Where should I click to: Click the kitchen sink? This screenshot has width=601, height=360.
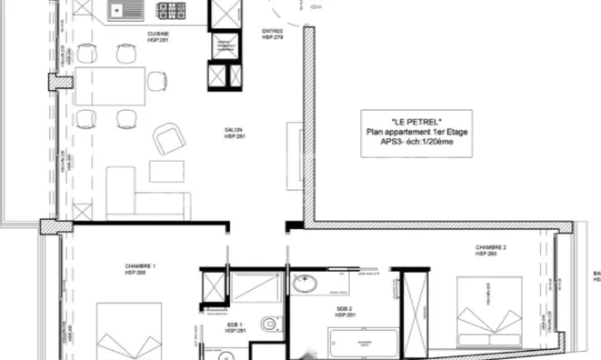[120, 12]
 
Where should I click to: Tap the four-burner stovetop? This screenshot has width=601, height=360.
[170, 12]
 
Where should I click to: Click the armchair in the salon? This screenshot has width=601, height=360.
[169, 139]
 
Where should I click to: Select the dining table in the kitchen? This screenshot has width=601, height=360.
[111, 86]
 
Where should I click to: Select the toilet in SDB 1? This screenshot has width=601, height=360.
[266, 324]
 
